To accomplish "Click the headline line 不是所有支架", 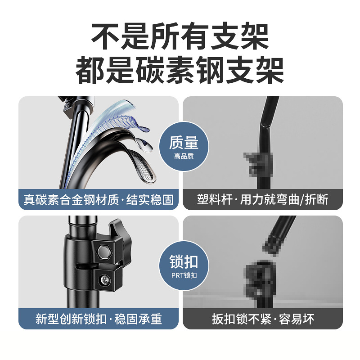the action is coord(180,36).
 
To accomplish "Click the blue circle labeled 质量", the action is coord(184,147).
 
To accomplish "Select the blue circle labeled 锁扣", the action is coord(184,265).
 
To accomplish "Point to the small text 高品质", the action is coord(184,156).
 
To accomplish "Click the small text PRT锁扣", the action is coord(184,275).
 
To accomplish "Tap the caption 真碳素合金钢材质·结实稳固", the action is coord(99,199).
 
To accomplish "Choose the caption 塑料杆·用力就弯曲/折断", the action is coord(262,199).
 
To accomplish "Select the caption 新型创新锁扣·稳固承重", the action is coord(99,319).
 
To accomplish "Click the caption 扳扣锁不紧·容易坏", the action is coord(263,319).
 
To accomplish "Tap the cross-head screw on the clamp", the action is coord(105,280).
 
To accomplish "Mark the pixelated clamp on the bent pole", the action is coord(258,164).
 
